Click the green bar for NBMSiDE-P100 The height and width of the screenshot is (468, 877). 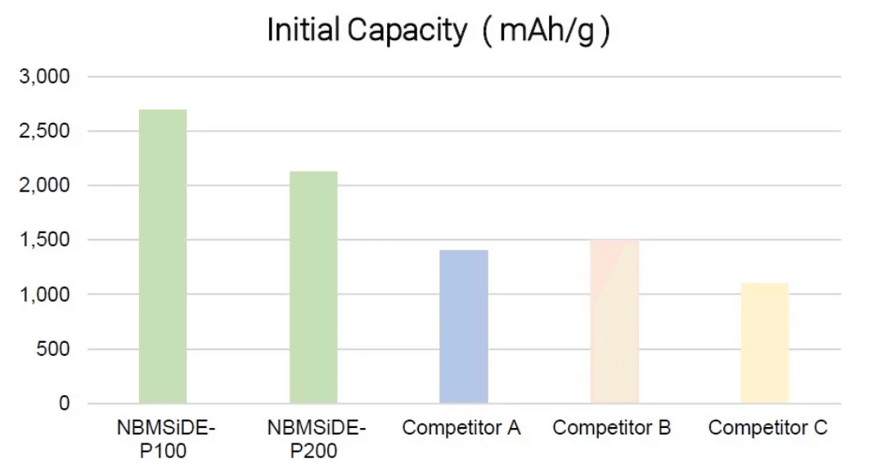tap(163, 256)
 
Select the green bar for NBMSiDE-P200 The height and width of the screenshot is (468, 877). tap(313, 287)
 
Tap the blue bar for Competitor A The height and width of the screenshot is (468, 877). tap(464, 326)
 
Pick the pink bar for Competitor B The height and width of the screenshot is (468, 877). tap(614, 322)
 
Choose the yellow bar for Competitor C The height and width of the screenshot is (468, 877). tap(765, 343)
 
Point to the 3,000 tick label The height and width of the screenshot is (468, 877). tap(47, 76)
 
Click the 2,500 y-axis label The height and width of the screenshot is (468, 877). tap(47, 131)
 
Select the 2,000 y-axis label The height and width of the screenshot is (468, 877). tap(47, 186)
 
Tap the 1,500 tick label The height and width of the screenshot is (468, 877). tap(47, 240)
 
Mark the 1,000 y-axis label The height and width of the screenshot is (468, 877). tap(47, 295)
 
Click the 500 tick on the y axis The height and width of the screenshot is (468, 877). tap(56, 349)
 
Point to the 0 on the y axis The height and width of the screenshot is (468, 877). tap(65, 403)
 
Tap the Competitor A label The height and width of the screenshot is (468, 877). tap(462, 428)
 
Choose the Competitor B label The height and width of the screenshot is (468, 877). tap(612, 428)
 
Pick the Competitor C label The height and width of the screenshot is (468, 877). tap(767, 428)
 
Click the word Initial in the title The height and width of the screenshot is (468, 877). tap(303, 31)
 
